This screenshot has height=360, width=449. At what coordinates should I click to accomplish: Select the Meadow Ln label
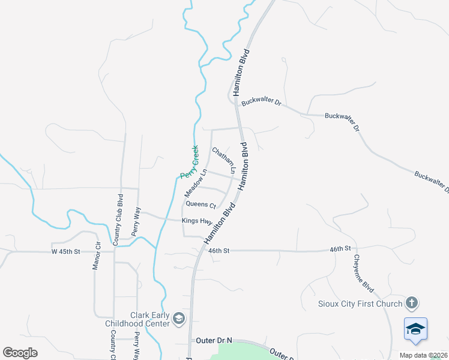pyautogui.click(x=195, y=183)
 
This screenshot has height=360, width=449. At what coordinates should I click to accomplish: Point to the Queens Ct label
pyautogui.click(x=200, y=205)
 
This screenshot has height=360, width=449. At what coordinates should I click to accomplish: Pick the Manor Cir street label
pyautogui.click(x=95, y=256)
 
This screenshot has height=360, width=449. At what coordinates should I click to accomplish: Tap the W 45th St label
pyautogui.click(x=65, y=251)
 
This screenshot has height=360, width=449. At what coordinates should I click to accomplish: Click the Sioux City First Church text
pyautogui.click(x=360, y=304)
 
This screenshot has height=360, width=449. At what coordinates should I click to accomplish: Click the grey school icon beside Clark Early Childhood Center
pyautogui.click(x=178, y=318)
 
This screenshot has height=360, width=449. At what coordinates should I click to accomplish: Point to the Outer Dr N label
pyautogui.click(x=214, y=340)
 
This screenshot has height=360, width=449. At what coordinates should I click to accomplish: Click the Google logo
pyautogui.click(x=20, y=352)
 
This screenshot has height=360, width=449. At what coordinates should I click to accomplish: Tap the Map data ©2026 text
pyautogui.click(x=424, y=355)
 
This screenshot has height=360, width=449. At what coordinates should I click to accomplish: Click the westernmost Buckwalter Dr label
pyautogui.click(x=261, y=103)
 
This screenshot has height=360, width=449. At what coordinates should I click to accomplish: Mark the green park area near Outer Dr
pyautogui.click(x=234, y=351)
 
